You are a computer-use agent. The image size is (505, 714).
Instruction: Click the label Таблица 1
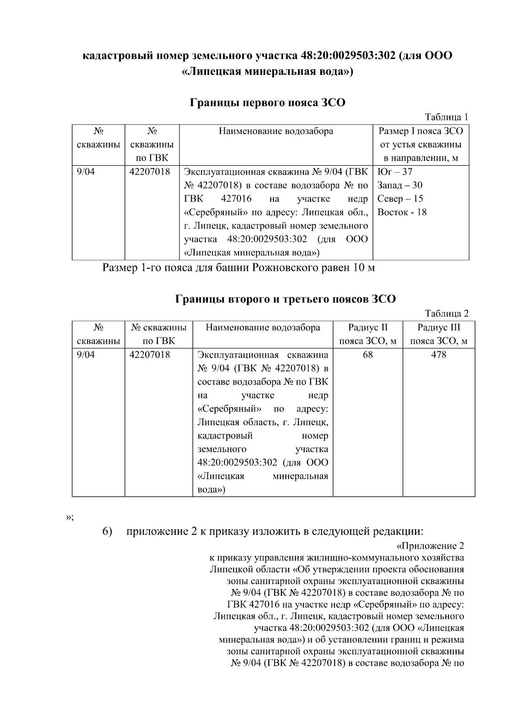(447, 117)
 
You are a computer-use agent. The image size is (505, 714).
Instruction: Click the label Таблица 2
(447, 313)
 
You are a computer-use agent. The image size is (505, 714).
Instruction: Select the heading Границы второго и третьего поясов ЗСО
(285, 299)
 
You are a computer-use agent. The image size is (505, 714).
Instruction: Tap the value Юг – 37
(395, 172)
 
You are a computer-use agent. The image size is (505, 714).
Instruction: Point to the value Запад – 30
(400, 185)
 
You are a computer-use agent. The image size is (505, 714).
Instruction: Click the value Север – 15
(400, 199)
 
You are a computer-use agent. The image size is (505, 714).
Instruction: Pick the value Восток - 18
(402, 212)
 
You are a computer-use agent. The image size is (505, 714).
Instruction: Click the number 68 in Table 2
(367, 355)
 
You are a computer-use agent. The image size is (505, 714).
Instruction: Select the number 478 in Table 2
(439, 355)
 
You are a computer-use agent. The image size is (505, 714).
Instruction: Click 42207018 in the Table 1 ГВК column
(150, 172)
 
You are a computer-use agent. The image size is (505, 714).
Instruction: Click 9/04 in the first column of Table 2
(86, 355)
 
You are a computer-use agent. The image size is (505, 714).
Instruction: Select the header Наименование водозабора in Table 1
(276, 131)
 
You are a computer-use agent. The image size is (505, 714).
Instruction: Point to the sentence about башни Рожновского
(239, 268)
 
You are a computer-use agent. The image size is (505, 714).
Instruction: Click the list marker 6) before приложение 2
(107, 531)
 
